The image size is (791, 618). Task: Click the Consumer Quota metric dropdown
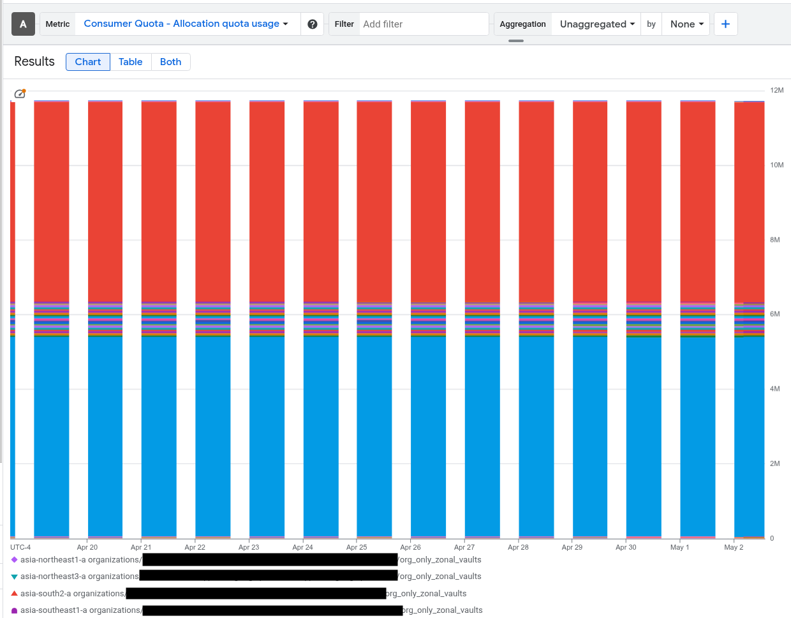click(x=186, y=24)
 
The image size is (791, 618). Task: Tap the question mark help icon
click(x=313, y=24)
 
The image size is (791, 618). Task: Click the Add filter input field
click(x=423, y=24)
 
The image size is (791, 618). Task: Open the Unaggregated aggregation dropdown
click(x=597, y=24)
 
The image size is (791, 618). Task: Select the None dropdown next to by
click(x=686, y=24)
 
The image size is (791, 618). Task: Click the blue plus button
click(x=725, y=24)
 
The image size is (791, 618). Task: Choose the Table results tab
click(x=130, y=62)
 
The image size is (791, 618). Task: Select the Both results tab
click(x=170, y=62)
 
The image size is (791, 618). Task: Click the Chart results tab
click(x=88, y=62)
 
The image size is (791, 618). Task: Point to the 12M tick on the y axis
click(x=776, y=91)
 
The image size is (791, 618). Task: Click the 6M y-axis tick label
click(x=774, y=314)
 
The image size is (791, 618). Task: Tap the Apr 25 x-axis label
click(x=357, y=547)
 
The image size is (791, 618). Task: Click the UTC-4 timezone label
click(x=20, y=547)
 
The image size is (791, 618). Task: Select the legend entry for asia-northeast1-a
click(x=80, y=560)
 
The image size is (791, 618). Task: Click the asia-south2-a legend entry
click(x=72, y=594)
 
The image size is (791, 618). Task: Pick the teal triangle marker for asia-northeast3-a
click(x=14, y=577)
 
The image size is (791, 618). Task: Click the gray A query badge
click(x=23, y=24)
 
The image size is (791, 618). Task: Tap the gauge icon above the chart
click(x=20, y=94)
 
